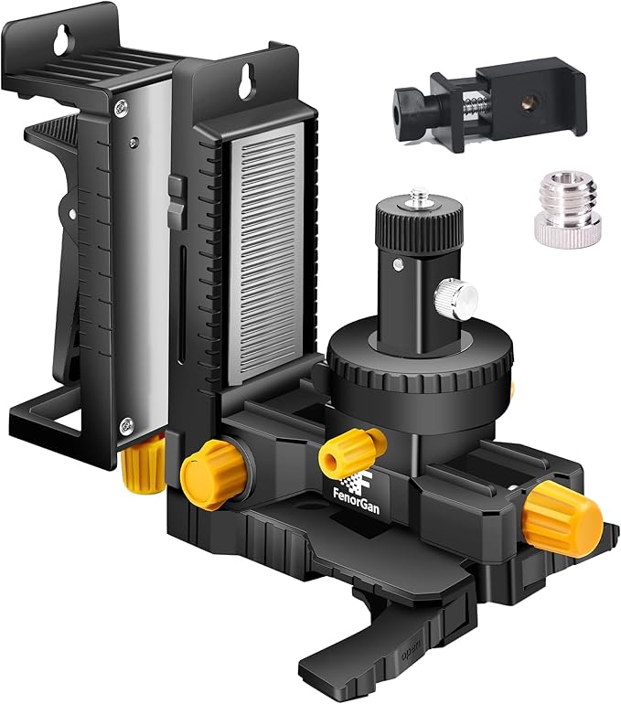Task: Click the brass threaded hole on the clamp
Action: [525, 103]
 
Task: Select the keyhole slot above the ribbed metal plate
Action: [245, 80]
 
